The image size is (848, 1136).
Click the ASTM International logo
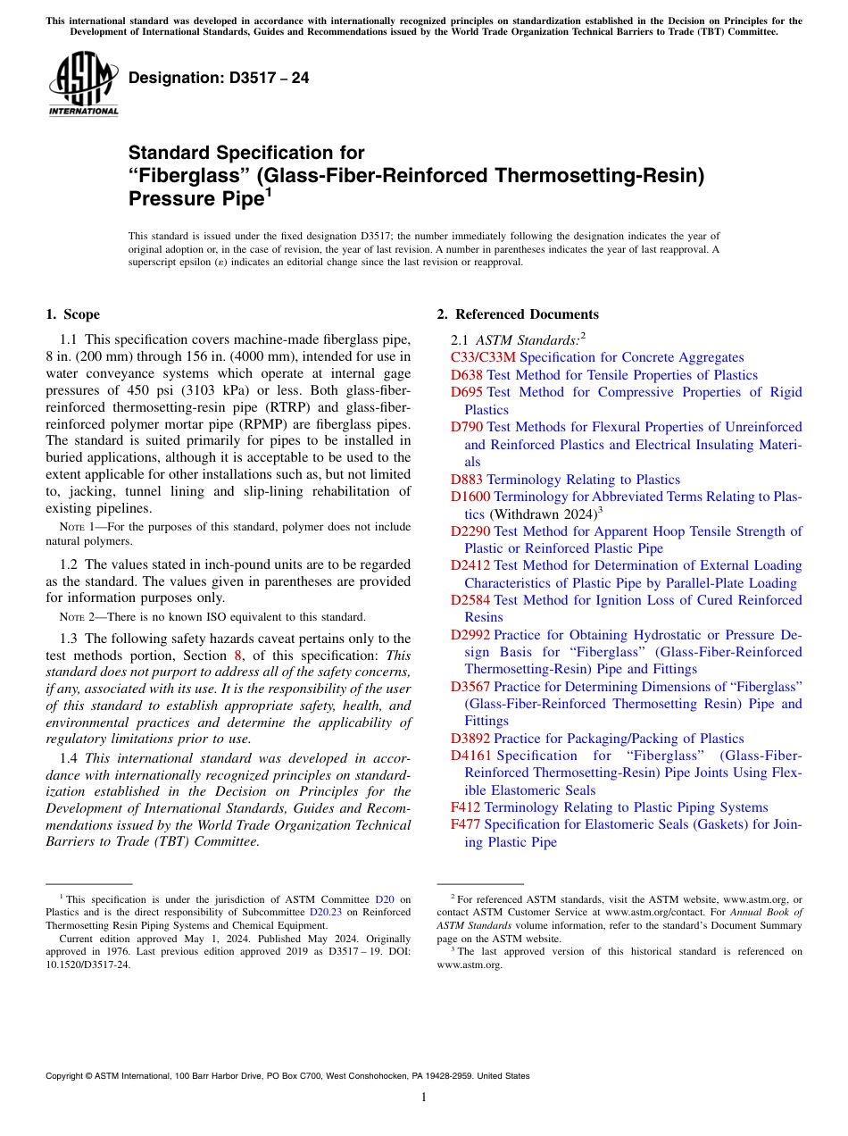pyautogui.click(x=83, y=84)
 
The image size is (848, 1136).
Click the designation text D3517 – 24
pyautogui.click(x=219, y=78)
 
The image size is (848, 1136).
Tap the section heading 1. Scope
pyautogui.click(x=72, y=314)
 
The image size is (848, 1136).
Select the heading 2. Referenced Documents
pyautogui.click(x=518, y=314)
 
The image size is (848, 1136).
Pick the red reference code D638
pyautogui.click(x=467, y=375)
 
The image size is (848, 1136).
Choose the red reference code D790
pyautogui.click(x=467, y=427)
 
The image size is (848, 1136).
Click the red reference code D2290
pyautogui.click(x=470, y=531)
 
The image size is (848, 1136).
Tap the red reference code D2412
pyautogui.click(x=470, y=565)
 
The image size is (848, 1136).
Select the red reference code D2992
pyautogui.click(x=470, y=635)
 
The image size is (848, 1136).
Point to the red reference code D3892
pyautogui.click(x=470, y=739)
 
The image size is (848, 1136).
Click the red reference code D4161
pyautogui.click(x=470, y=756)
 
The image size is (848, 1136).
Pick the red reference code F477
pyautogui.click(x=466, y=824)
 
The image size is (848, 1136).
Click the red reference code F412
pyautogui.click(x=466, y=807)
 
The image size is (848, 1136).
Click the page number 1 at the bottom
pyautogui.click(x=424, y=1097)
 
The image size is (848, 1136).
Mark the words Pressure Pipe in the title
pyautogui.click(x=193, y=199)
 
